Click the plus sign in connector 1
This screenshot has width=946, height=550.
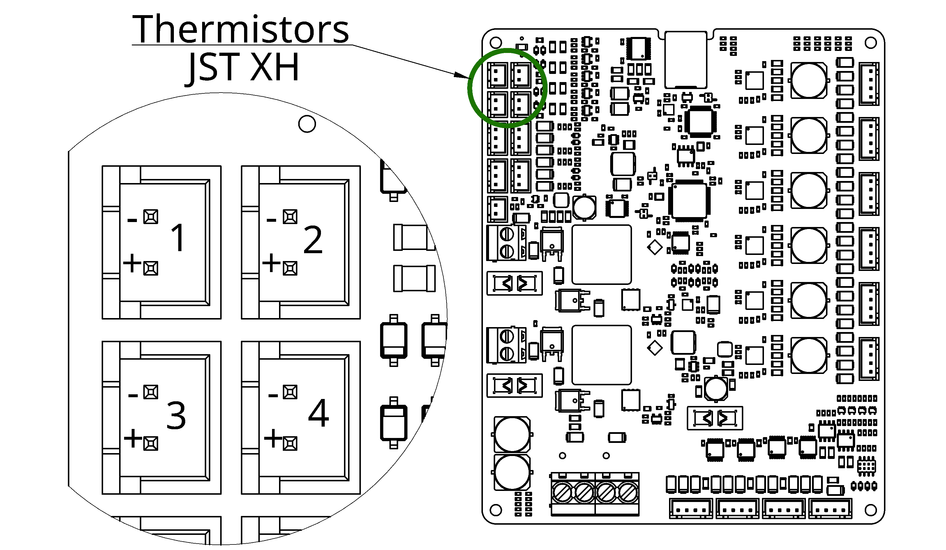point(132,263)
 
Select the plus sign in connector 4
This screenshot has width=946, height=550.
point(273,438)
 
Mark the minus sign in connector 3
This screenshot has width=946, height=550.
point(133,395)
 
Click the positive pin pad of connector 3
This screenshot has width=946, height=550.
point(151,443)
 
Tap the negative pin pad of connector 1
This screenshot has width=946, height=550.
point(151,217)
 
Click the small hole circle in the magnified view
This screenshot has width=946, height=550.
point(307,124)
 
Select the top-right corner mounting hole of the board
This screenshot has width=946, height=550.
point(871,43)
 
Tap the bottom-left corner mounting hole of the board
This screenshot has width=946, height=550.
point(496,510)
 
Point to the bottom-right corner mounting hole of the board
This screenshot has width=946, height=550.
point(871,510)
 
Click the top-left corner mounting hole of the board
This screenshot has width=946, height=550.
point(496,43)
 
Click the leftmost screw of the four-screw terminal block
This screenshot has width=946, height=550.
point(562,493)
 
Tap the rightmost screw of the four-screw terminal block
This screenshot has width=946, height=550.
point(628,493)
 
